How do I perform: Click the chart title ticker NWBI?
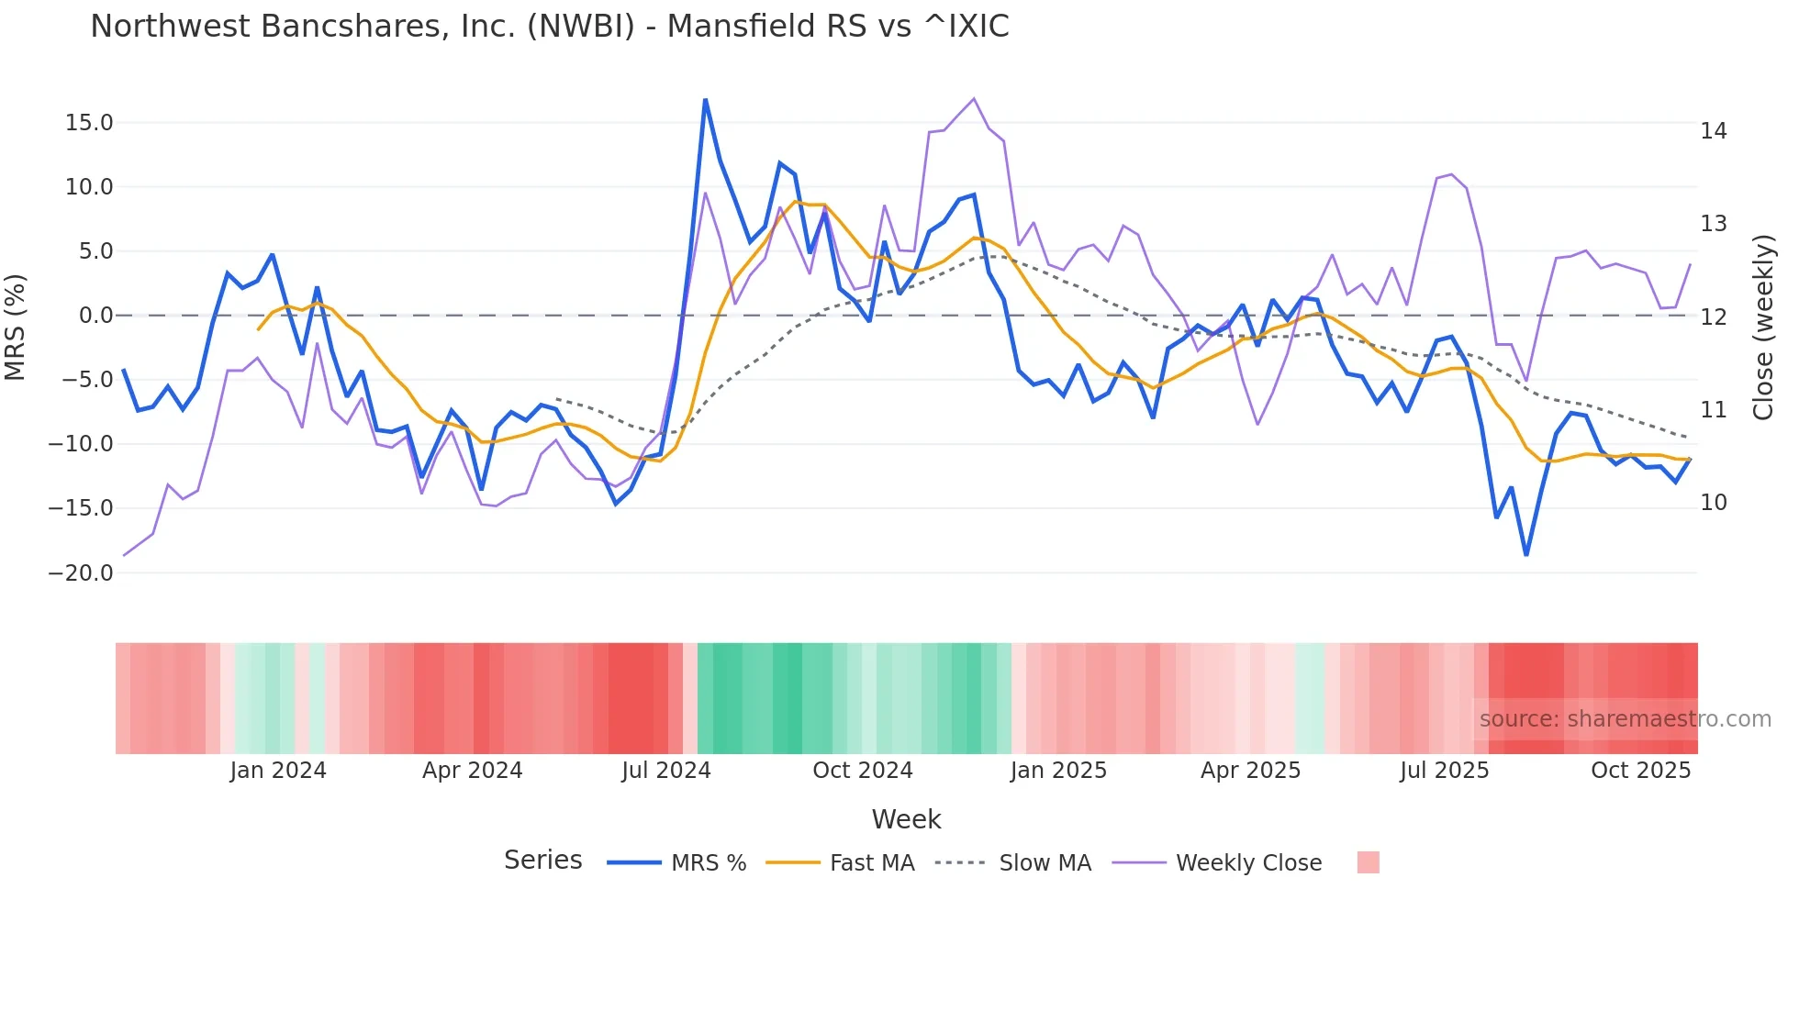(580, 27)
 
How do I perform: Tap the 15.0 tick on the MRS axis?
(89, 123)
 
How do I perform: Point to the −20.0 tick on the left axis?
(81, 573)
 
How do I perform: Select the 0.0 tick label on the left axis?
(95, 316)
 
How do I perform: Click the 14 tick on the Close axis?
(1713, 131)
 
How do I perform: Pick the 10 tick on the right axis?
(1713, 503)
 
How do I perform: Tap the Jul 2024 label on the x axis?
(666, 771)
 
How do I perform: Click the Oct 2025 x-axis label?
(1640, 771)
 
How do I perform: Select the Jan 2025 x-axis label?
(1058, 771)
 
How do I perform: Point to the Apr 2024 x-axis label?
(472, 771)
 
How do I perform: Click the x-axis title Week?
(906, 819)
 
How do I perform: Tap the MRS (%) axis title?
(16, 327)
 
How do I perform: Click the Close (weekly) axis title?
(1762, 328)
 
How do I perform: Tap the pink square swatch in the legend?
(1368, 862)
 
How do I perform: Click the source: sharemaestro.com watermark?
(1625, 719)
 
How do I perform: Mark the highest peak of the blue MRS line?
(705, 99)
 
